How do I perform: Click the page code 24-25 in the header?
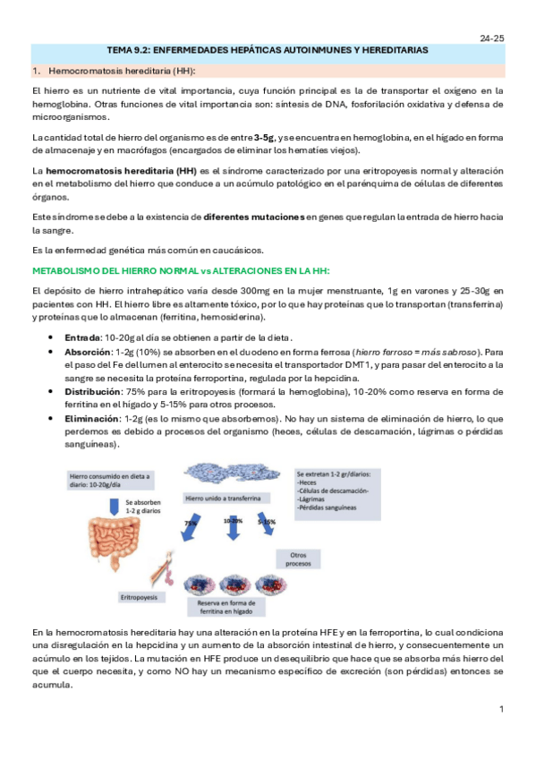[492, 39]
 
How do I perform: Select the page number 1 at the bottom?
[502, 709]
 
